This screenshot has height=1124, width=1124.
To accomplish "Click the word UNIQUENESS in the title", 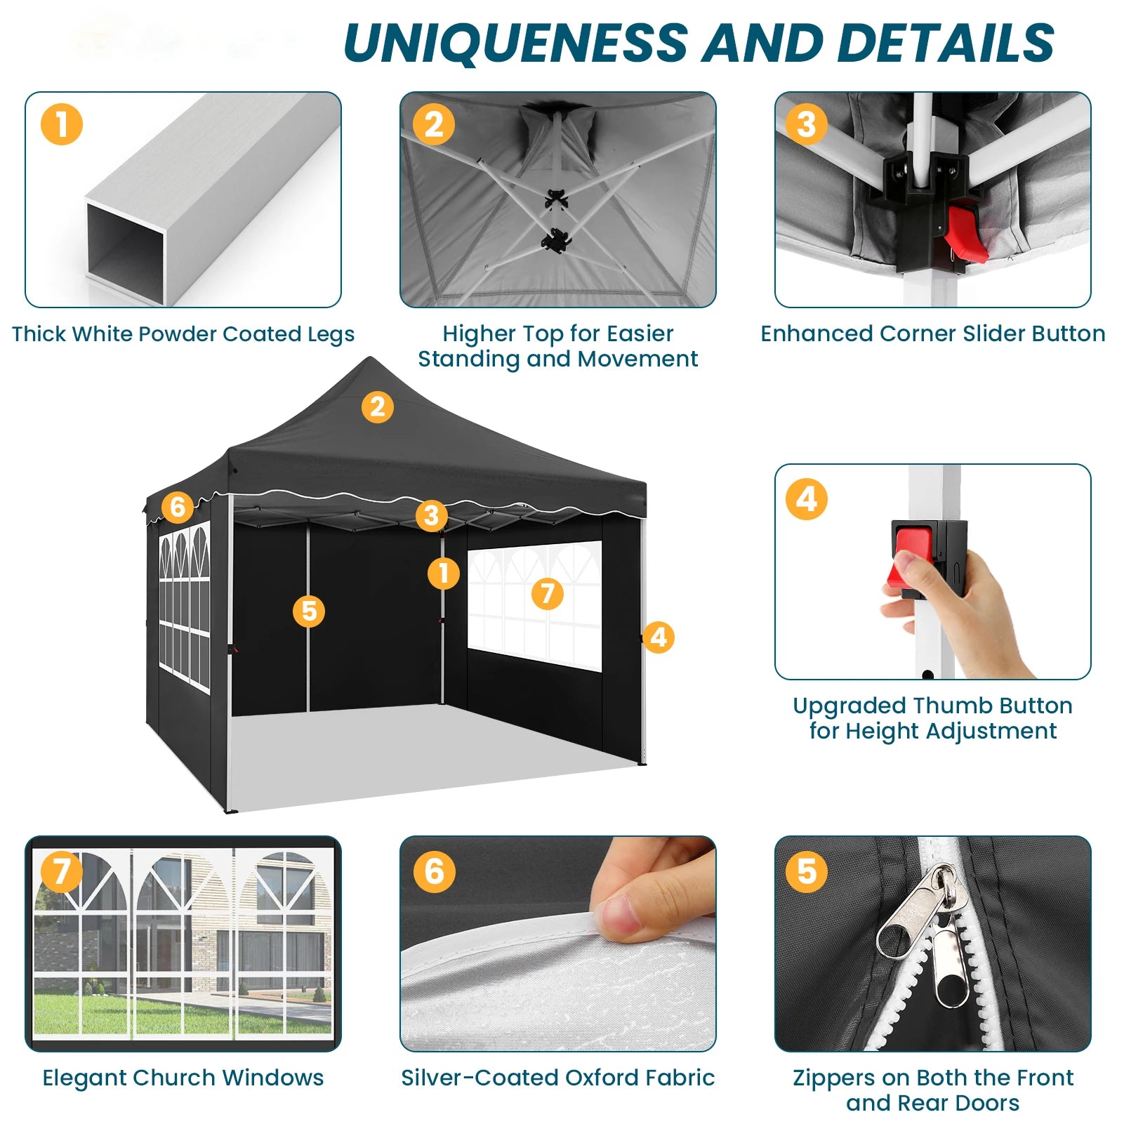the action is (x=516, y=43).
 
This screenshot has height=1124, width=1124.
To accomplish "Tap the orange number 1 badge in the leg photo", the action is (x=62, y=124).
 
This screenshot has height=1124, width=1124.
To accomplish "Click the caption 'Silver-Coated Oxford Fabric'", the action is (x=558, y=1078).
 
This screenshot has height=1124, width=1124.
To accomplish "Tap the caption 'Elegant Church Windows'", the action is (x=183, y=1078).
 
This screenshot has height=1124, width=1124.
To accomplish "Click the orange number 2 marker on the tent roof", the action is (x=378, y=407).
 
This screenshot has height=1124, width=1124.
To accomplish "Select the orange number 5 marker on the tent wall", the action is (x=310, y=611).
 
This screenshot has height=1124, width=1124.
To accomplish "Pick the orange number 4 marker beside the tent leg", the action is (x=658, y=637).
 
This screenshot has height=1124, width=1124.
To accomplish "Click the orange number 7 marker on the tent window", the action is (x=548, y=594).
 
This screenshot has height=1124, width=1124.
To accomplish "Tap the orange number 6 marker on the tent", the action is (x=178, y=506).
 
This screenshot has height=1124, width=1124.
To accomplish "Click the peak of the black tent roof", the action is (x=370, y=358).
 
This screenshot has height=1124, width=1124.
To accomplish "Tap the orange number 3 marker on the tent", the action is (x=432, y=515).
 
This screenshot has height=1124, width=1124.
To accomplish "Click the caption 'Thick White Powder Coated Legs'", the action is (x=183, y=334).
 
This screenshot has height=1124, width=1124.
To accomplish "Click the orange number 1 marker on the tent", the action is (x=444, y=574).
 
